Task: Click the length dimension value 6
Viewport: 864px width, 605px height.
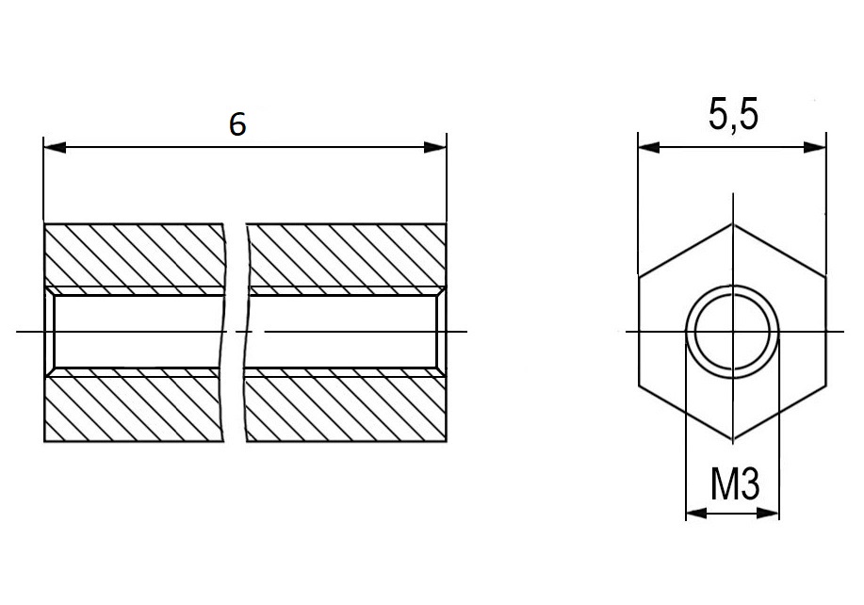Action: click(x=237, y=124)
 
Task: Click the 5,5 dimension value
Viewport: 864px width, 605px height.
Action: click(x=733, y=116)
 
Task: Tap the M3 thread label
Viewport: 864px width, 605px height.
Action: click(x=735, y=483)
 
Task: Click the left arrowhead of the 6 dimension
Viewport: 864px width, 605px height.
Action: click(x=55, y=147)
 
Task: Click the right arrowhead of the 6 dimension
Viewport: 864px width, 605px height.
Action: click(x=434, y=147)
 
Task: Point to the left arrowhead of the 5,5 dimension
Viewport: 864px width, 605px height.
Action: click(x=648, y=147)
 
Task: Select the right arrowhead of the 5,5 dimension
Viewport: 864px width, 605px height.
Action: click(x=815, y=147)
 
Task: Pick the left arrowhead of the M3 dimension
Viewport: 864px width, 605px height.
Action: click(x=696, y=513)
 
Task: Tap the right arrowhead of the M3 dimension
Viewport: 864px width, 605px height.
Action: click(x=768, y=513)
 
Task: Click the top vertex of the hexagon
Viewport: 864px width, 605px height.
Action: click(x=733, y=223)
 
